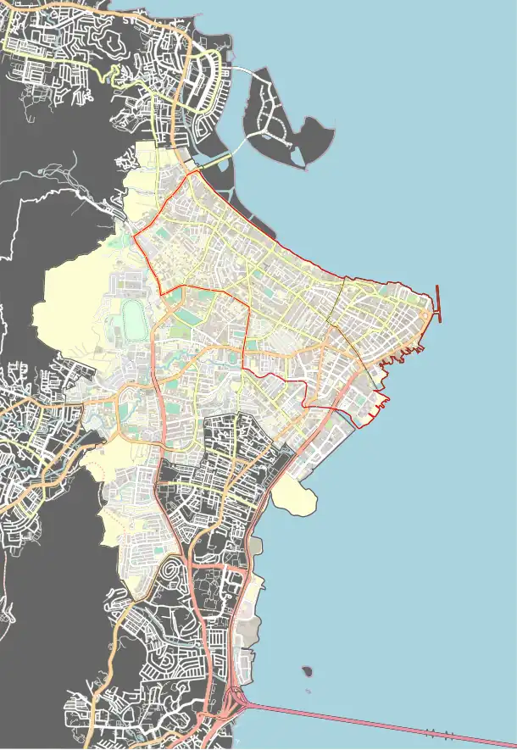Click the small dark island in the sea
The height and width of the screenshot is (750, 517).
point(307,672)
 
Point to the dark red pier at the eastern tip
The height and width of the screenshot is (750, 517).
point(437,303)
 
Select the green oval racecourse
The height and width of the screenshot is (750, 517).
point(132,319)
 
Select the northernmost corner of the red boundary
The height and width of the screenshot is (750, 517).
point(197,170)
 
